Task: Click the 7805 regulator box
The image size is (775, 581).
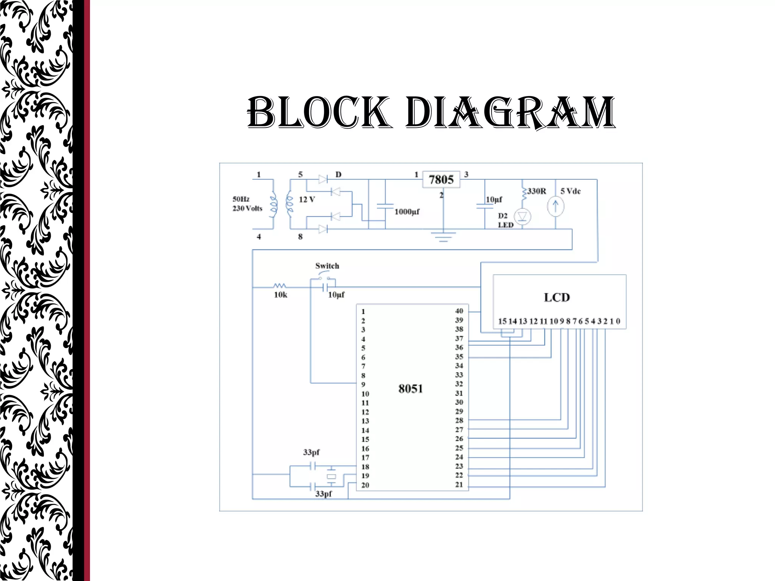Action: pos(441,179)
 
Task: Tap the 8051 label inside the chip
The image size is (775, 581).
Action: pos(411,389)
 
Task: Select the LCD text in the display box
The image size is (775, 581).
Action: pos(557,297)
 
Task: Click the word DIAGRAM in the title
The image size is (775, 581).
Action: pos(510,112)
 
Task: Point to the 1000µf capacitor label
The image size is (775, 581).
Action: pos(407,212)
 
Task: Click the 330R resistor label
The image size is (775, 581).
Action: pos(537,191)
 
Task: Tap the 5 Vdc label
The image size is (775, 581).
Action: pos(570,191)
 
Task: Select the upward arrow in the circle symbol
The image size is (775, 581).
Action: pos(556,207)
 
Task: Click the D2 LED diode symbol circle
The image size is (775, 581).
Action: pos(522,217)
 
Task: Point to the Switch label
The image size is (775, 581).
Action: pos(327,266)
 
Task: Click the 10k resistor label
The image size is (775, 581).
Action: pos(280,295)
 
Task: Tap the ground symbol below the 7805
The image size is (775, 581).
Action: pos(443,237)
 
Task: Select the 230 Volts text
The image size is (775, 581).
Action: pos(247,208)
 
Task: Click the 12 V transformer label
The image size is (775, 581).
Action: pos(307,199)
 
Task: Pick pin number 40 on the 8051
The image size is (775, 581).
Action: pos(459,311)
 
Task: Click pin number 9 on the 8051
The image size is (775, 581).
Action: pos(363,385)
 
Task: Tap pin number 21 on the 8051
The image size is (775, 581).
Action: pos(459,485)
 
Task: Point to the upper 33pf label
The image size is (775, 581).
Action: pos(311,452)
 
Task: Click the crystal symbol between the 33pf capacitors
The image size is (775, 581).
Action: pos(331,477)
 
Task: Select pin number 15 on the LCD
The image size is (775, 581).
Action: pos(502,322)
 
